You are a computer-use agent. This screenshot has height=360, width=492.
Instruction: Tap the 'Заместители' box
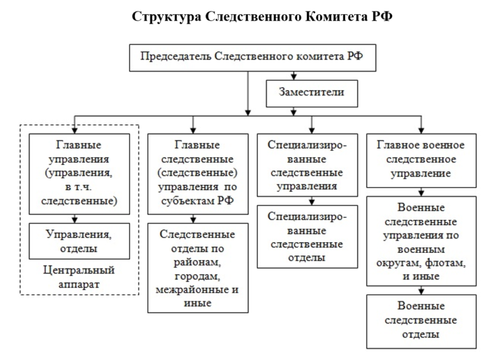pos(311,92)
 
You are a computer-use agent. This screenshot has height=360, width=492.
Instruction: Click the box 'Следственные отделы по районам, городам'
pos(197,266)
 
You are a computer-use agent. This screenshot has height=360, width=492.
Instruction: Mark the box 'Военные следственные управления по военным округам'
pos(421,240)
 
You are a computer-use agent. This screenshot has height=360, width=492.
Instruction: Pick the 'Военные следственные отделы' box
pos(421,320)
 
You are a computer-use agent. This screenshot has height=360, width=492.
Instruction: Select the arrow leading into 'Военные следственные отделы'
pos(421,290)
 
